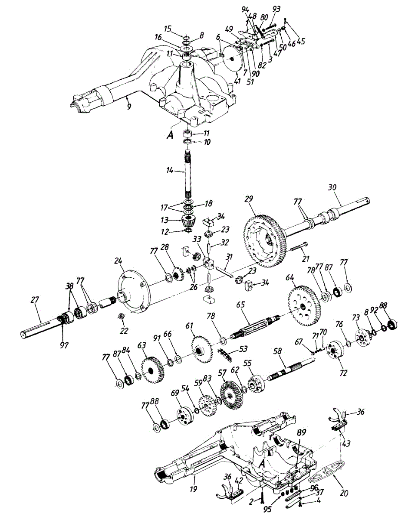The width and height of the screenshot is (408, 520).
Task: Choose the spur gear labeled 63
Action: click(x=152, y=369)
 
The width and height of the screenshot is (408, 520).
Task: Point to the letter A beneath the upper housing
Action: click(x=170, y=135)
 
